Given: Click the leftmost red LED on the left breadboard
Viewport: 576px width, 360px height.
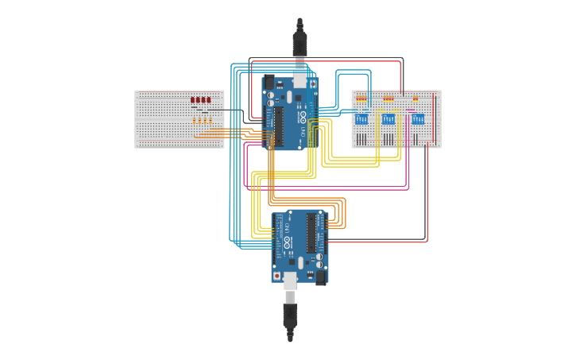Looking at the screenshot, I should click(x=193, y=100).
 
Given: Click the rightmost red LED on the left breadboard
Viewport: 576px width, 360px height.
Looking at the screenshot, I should click(x=208, y=100).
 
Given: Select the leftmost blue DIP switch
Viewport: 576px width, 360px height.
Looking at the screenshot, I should click(x=361, y=119).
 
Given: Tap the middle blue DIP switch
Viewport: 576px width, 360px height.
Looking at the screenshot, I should click(x=389, y=119).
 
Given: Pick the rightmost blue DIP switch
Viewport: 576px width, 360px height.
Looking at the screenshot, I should click(x=417, y=119).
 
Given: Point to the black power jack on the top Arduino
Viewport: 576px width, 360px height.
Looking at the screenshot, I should click(x=269, y=82).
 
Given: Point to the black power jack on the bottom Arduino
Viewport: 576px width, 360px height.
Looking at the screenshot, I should click(x=321, y=277).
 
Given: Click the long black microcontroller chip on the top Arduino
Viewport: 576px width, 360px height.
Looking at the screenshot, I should click(x=279, y=123).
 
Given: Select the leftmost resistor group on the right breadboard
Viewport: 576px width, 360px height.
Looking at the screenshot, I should click(x=361, y=99).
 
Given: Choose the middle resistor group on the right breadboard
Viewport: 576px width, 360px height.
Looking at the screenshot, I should click(x=389, y=99).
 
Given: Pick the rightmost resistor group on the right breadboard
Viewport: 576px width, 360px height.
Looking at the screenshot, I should click(x=415, y=99).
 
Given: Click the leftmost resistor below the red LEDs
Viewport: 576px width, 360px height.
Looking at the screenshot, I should click(x=194, y=120).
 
